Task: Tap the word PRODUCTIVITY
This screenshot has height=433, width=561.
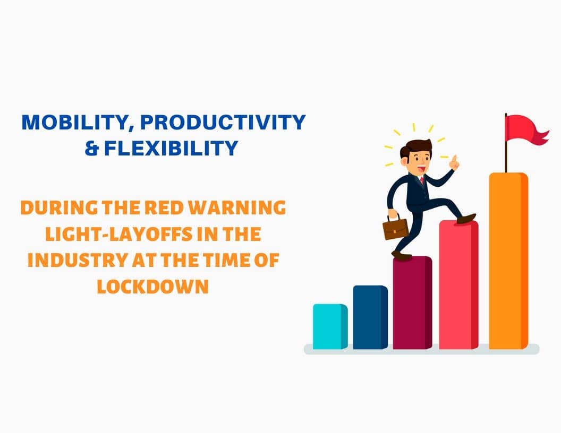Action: pyautogui.click(x=223, y=122)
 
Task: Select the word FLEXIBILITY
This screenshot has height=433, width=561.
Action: pyautogui.click(x=171, y=148)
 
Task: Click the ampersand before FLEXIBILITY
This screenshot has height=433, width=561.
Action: pyautogui.click(x=91, y=148)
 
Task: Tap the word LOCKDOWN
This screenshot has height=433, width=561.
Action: pyautogui.click(x=153, y=287)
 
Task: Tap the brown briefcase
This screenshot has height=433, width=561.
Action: pyautogui.click(x=395, y=228)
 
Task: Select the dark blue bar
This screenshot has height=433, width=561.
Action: pyautogui.click(x=370, y=317)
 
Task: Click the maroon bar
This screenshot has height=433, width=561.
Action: pyautogui.click(x=412, y=302)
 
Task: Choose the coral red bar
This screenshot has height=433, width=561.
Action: pyautogui.click(x=458, y=285)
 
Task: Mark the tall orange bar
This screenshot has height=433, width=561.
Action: pyautogui.click(x=508, y=261)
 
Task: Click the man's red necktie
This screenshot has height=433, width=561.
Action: pyautogui.click(x=422, y=180)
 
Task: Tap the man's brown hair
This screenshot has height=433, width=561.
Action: pyautogui.click(x=415, y=147)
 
